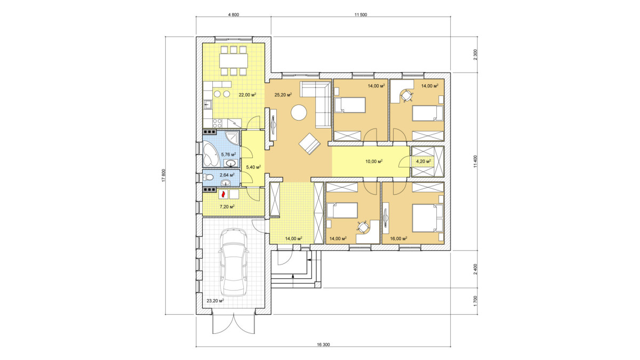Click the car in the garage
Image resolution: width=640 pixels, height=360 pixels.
point(233,262)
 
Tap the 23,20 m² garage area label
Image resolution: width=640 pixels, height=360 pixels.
point(215,301)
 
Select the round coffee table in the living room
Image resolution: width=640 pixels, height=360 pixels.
point(299,113)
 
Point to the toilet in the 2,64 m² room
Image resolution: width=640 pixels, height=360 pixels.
point(207,178)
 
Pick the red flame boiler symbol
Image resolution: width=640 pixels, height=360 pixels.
point(223,194)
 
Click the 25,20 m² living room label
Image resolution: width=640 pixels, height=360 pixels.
point(283,94)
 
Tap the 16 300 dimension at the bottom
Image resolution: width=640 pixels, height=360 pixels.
point(323,345)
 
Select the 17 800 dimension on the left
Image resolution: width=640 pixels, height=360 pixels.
point(164,175)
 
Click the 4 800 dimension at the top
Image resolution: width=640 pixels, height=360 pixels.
point(234,15)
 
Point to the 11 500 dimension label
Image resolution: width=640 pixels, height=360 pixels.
point(361,15)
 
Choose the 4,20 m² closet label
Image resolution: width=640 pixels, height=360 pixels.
point(423,162)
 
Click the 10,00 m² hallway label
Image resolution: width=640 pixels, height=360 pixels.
point(374,162)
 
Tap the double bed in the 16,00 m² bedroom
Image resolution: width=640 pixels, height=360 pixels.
point(428,218)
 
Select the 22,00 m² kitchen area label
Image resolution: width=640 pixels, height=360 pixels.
point(247,94)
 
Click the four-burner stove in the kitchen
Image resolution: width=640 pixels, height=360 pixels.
point(217,123)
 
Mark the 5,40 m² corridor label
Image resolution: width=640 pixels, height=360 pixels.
point(253,167)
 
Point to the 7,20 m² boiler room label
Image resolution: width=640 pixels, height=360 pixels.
point(227,206)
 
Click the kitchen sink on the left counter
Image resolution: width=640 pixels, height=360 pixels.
point(207,105)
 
